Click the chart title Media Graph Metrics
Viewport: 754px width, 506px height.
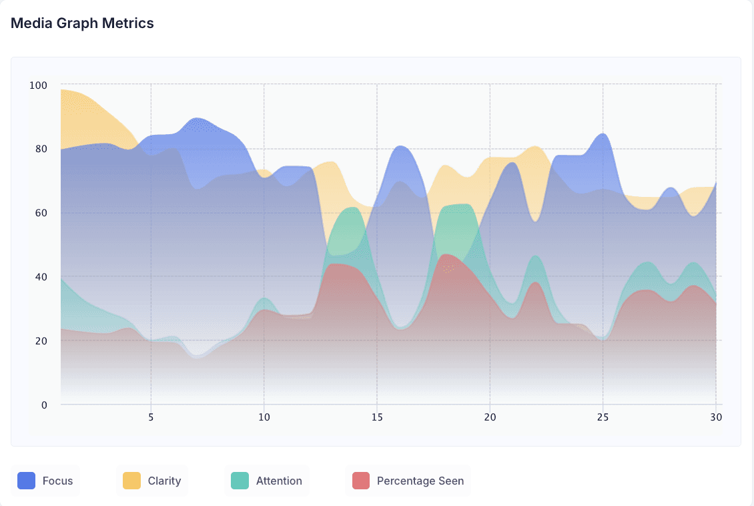(x=82, y=23)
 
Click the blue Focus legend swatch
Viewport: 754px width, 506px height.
(x=27, y=481)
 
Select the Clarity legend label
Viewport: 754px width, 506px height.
(x=164, y=481)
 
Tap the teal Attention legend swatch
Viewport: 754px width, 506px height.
(x=240, y=481)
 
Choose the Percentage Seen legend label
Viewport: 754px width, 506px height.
(x=420, y=481)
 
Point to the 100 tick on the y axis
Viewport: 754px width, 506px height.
(x=39, y=85)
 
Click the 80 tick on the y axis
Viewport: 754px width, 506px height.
(x=41, y=149)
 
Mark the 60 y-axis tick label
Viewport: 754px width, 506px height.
(x=41, y=213)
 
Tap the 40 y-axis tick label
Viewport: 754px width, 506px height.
(x=41, y=277)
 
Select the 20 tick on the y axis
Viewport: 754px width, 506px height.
(x=41, y=341)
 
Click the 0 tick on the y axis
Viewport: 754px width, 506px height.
(x=44, y=405)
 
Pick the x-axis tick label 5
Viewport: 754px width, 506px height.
(x=151, y=417)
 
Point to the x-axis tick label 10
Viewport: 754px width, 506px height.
(x=264, y=417)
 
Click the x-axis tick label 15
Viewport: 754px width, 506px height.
(x=377, y=417)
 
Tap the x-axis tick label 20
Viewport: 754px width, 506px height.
(x=490, y=417)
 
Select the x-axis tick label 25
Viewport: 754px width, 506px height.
(x=603, y=417)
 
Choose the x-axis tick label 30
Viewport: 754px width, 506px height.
(x=716, y=417)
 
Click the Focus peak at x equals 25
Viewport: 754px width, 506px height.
(x=603, y=134)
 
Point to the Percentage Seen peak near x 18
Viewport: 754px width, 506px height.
(x=446, y=254)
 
